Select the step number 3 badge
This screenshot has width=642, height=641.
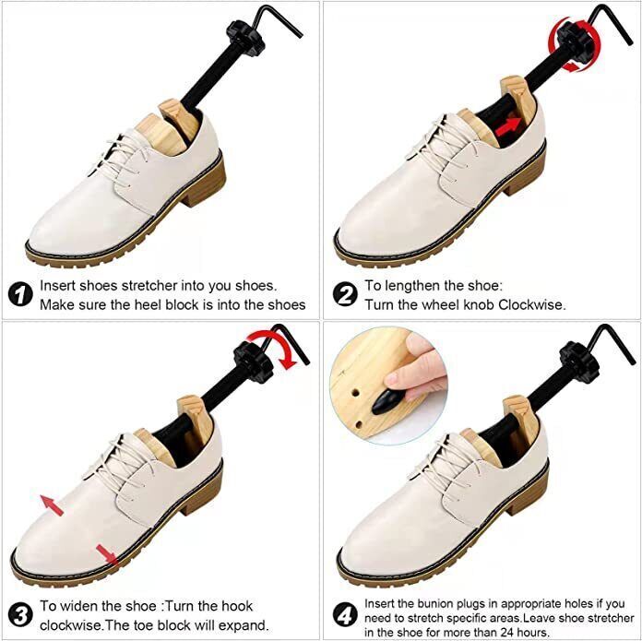click(19, 612)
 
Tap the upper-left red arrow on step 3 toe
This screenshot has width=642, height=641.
click(50, 504)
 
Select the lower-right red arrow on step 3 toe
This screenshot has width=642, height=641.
click(106, 555)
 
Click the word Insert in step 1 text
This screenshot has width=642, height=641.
click(57, 286)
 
